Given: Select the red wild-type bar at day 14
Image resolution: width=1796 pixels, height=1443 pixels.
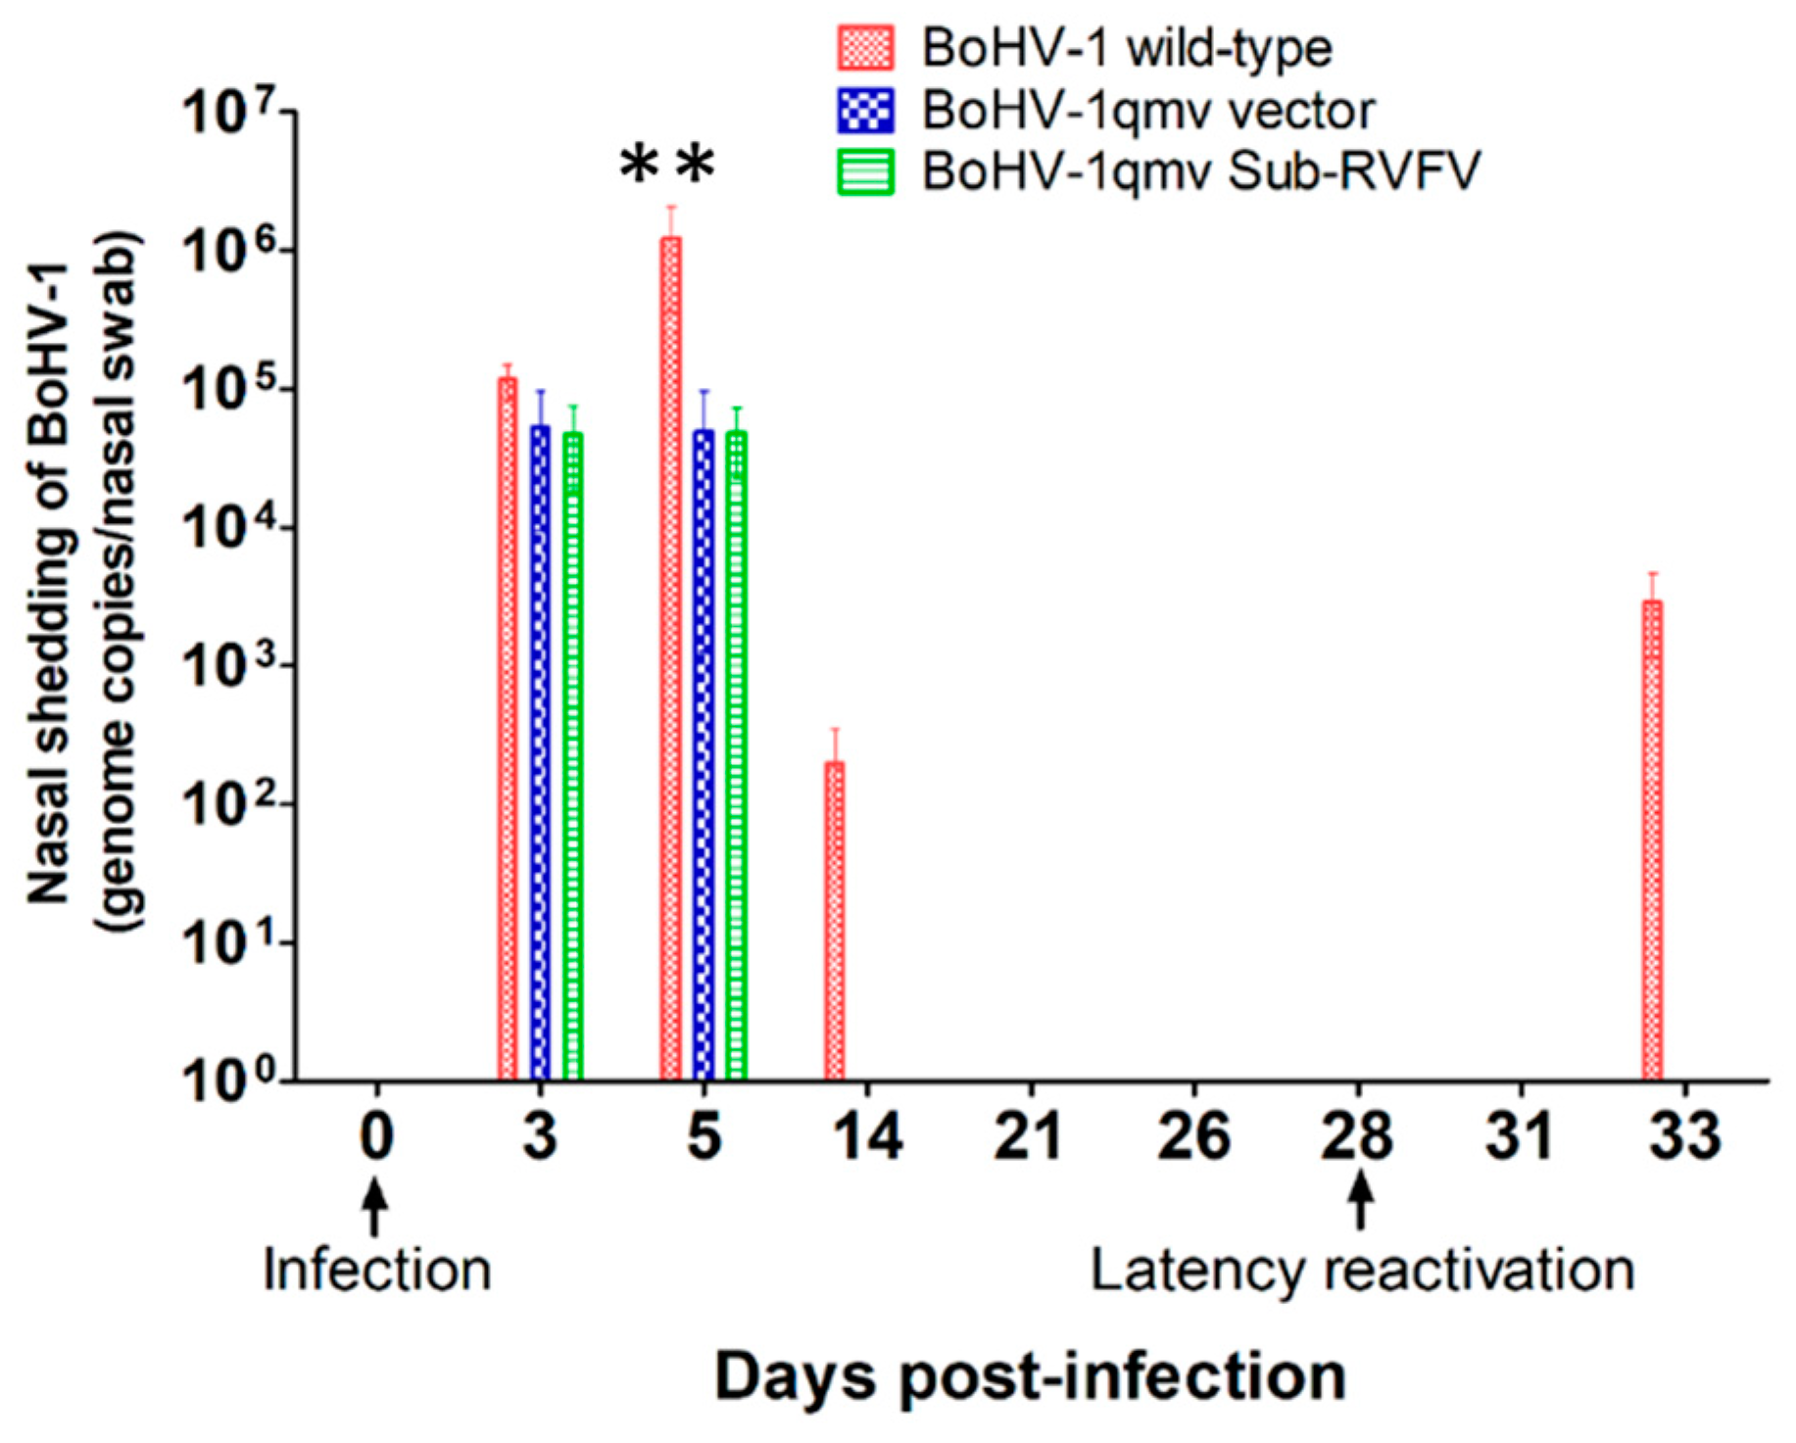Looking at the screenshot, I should [x=834, y=921].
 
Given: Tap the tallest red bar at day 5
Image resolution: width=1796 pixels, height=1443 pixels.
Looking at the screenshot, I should [x=670, y=656].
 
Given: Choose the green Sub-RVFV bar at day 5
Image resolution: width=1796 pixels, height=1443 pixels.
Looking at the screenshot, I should [x=736, y=754].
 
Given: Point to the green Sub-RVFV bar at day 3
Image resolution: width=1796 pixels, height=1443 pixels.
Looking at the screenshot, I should [x=573, y=755].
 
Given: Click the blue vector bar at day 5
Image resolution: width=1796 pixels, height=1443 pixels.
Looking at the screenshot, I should [x=704, y=754].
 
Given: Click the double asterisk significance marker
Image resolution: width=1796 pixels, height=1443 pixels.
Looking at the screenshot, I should [x=667, y=165].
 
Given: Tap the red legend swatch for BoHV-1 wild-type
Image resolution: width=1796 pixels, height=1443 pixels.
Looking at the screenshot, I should [x=865, y=48].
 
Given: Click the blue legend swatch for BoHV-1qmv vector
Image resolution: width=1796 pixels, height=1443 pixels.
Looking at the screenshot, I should [x=865, y=111].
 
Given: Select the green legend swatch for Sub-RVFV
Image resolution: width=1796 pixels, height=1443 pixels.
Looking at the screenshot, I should [x=865, y=172].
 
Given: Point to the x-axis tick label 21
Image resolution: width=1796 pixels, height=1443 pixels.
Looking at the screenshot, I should [x=1029, y=1136].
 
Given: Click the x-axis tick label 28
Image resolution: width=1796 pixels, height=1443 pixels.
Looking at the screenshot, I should [x=1357, y=1136].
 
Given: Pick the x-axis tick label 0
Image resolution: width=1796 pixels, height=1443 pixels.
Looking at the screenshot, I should [x=376, y=1136].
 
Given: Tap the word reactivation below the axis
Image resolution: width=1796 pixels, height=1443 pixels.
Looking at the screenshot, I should [x=1480, y=1271].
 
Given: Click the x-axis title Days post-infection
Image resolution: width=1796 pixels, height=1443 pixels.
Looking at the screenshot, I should [x=1030, y=1376].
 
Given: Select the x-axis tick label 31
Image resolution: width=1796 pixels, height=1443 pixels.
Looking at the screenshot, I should [x=1520, y=1136].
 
